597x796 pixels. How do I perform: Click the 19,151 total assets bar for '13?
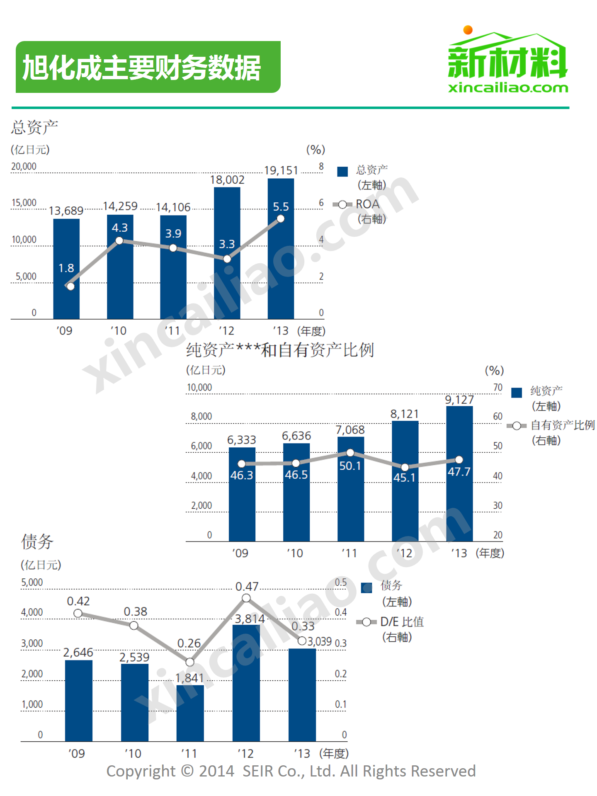(x=281, y=265)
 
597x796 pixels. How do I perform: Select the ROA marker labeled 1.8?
(x=70, y=286)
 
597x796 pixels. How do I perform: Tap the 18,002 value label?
(x=227, y=180)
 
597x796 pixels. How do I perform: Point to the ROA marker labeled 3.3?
(x=227, y=259)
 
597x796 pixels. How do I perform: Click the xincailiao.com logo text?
(x=508, y=88)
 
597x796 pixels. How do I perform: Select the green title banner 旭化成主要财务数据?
(x=148, y=67)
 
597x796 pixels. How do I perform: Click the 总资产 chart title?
(x=34, y=127)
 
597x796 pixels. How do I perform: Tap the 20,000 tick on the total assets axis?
(x=24, y=167)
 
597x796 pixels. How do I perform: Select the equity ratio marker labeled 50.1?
(x=350, y=453)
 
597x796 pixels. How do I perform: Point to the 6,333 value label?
(x=242, y=440)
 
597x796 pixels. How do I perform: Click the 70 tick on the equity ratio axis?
(x=498, y=388)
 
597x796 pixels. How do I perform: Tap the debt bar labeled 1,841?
(x=190, y=713)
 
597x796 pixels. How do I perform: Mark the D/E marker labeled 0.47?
(x=246, y=598)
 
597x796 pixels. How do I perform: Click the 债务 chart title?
(x=37, y=541)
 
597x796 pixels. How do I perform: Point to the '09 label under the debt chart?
(x=77, y=753)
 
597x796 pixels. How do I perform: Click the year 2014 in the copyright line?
(x=216, y=771)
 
